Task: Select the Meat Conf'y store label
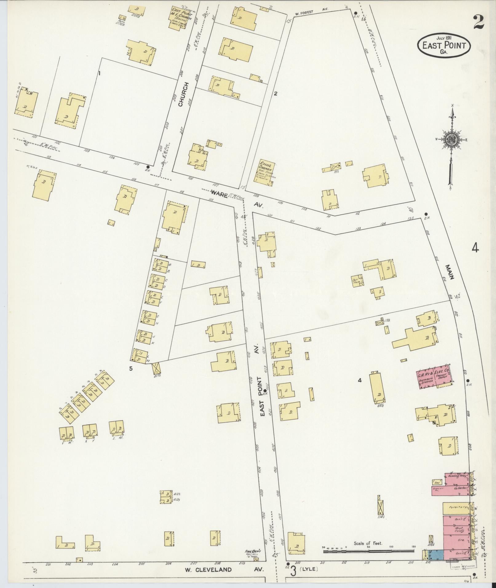(x=458, y=529)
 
